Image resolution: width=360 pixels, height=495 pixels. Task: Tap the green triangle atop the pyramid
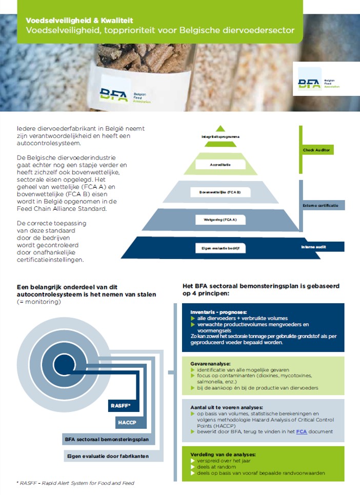(221, 128)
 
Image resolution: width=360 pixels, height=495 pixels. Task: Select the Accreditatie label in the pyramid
(221, 165)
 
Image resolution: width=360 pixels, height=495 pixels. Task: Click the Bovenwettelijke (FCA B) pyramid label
(220, 192)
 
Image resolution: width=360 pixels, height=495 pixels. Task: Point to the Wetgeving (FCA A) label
(221, 220)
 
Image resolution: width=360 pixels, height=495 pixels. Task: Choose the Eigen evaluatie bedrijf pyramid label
(221, 248)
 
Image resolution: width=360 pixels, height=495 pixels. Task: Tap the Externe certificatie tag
(320, 205)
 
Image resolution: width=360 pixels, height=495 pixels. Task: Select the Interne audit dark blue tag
(314, 247)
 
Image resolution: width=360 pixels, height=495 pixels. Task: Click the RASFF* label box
(121, 406)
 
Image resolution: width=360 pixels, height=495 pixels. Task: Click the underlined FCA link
(301, 431)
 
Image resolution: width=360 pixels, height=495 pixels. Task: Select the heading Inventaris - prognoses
(218, 311)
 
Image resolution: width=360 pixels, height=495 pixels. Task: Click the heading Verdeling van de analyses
(223, 454)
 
